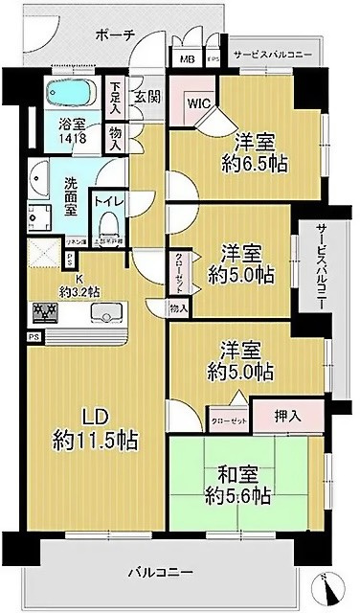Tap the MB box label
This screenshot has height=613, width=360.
point(187,58)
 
